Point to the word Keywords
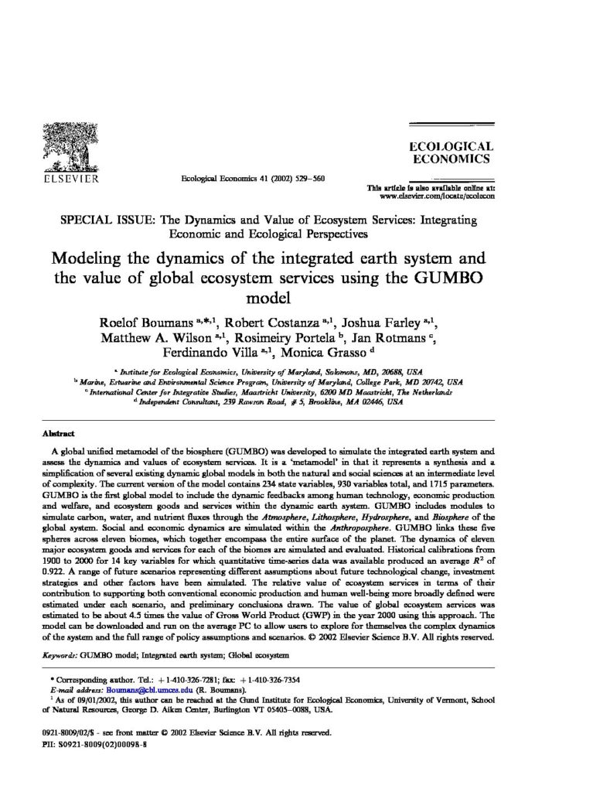click(x=59, y=654)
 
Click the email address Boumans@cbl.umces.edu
click(x=127, y=689)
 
